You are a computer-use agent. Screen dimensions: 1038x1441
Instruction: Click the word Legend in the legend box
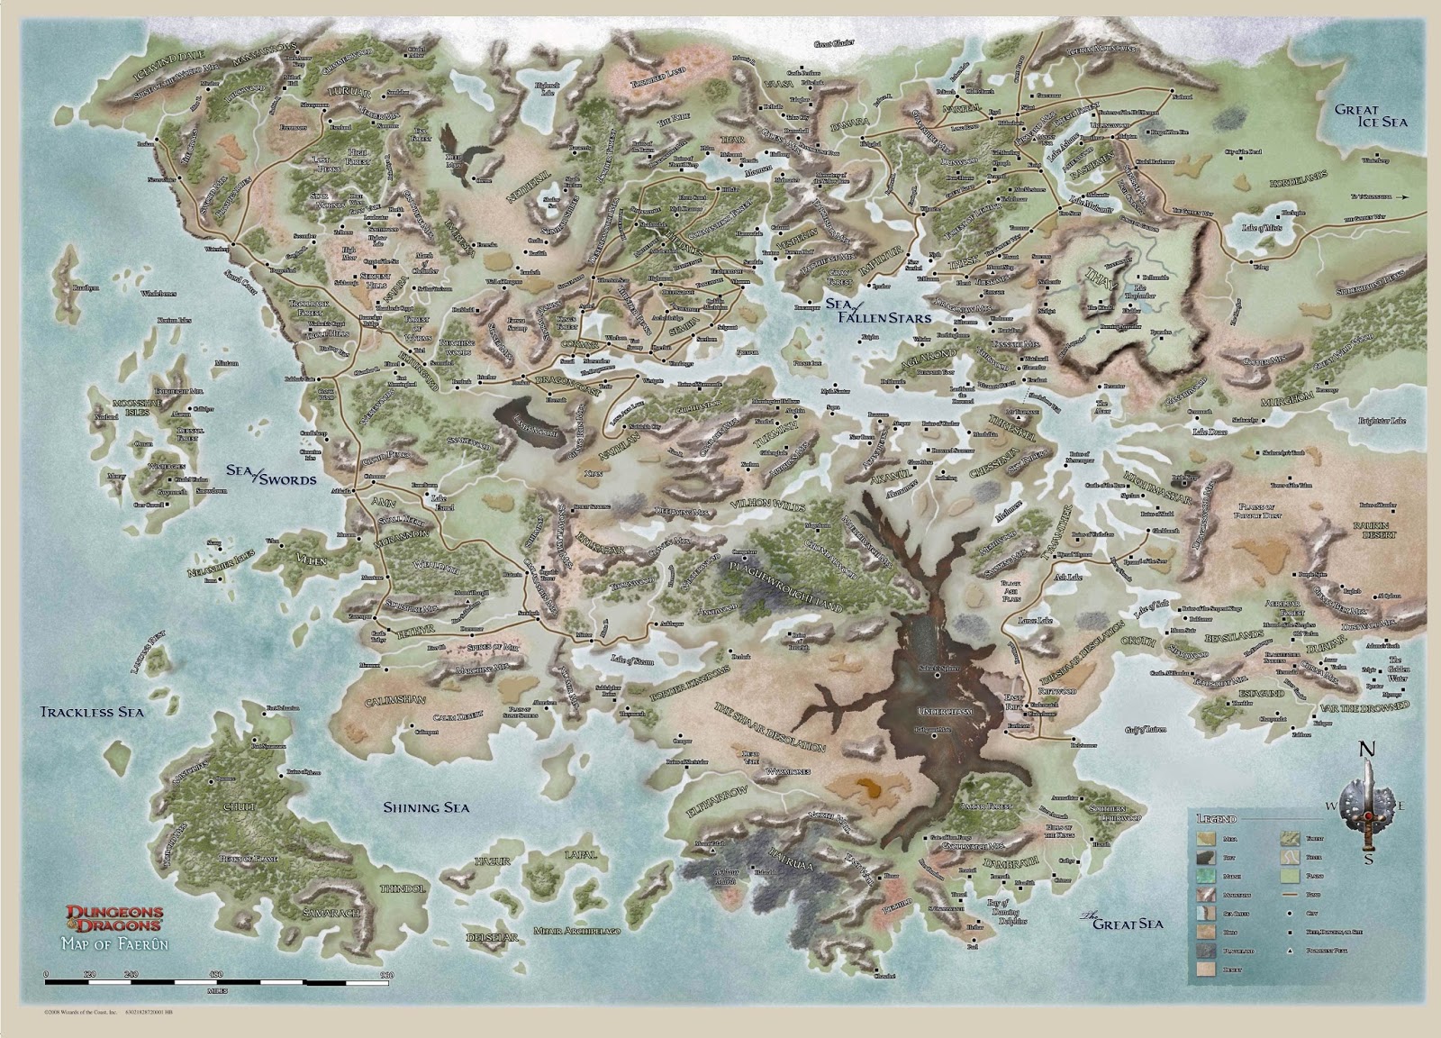tap(1217, 819)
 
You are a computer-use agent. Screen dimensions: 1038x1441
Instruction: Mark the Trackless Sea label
tap(93, 712)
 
